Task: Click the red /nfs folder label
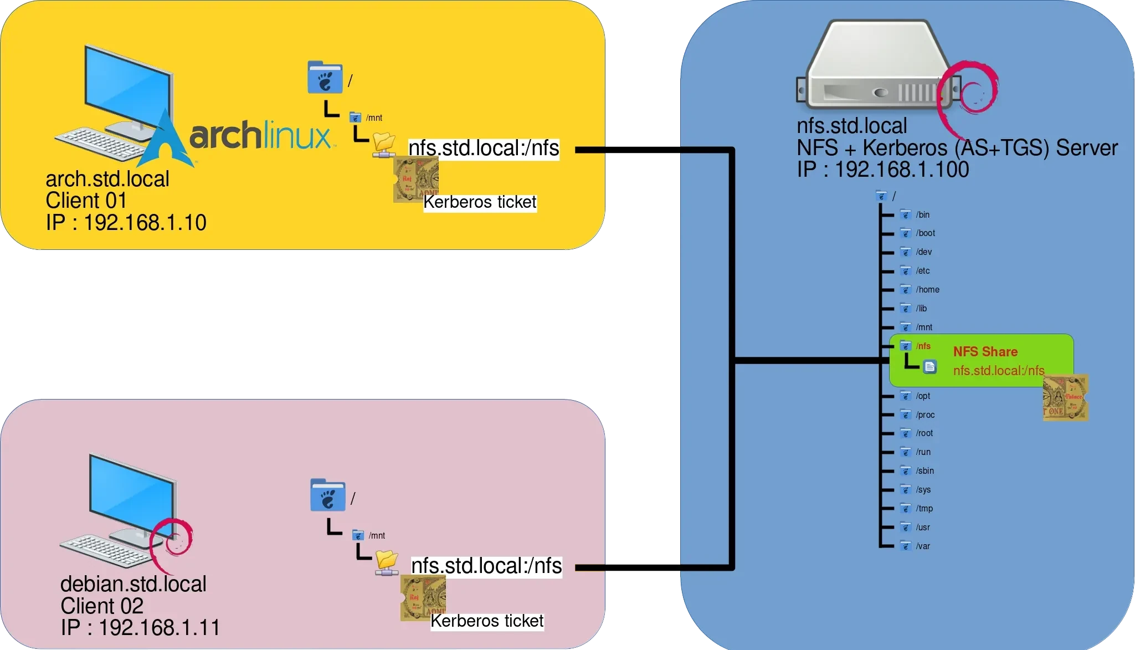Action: tap(923, 346)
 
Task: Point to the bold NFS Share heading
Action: tap(985, 351)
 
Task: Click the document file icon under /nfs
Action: tap(930, 366)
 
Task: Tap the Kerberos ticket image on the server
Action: tap(1065, 397)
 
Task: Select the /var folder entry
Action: tap(922, 546)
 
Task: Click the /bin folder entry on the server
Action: tap(922, 214)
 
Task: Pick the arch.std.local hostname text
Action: tap(107, 179)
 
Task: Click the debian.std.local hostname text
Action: tap(133, 584)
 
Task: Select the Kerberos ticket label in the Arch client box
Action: tap(480, 202)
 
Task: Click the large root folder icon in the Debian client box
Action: tap(327, 495)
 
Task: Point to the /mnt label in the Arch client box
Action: tap(374, 117)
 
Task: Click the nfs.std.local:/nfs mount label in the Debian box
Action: tap(486, 566)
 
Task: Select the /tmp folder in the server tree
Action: tap(924, 508)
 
